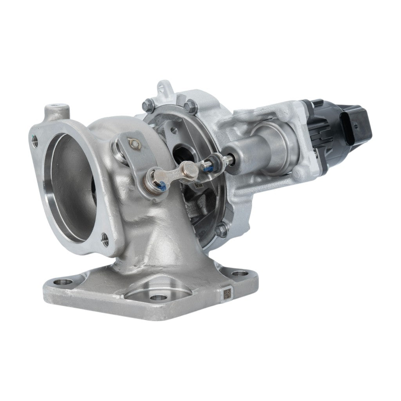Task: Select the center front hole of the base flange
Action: (157, 297)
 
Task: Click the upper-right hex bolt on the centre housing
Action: (191, 105)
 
